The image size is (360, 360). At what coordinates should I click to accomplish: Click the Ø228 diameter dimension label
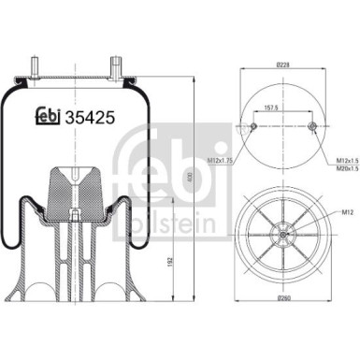(282, 66)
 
